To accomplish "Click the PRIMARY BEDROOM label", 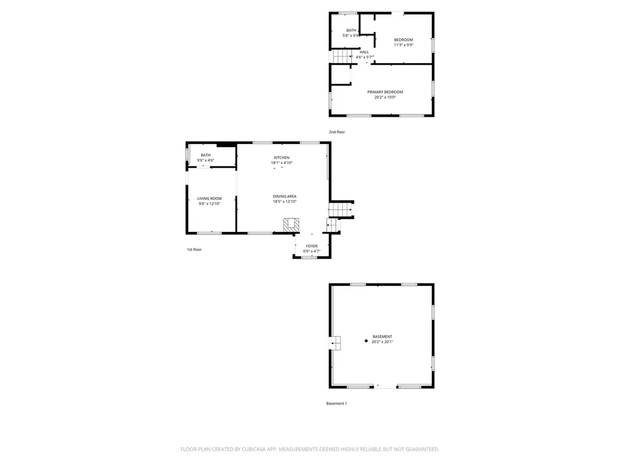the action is pos(385,92).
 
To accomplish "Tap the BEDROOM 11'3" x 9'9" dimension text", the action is pos(404,45).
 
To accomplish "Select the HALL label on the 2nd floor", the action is pos(364,52).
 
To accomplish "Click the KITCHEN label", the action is pos(282,158).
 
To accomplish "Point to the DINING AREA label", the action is pos(285,197).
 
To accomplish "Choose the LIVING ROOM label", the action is pos(209,199).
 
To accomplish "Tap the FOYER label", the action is pos(312,246).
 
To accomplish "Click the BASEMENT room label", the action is pos(383,337).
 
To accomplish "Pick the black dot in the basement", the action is pos(366,341).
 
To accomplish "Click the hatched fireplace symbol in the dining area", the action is pos(291,225).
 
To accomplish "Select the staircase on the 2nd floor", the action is pos(342,56).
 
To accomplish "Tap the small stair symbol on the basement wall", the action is pos(335,343).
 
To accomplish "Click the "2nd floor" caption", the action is pos(337,132).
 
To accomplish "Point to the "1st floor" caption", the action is pos(194,249).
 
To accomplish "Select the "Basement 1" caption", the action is pos(337,404).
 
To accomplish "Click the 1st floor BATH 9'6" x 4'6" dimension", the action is pos(206,160).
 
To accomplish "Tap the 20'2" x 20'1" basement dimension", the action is pos(383,342).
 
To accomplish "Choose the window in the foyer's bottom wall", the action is pos(309,257).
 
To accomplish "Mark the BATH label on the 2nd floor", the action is pos(351,30).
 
